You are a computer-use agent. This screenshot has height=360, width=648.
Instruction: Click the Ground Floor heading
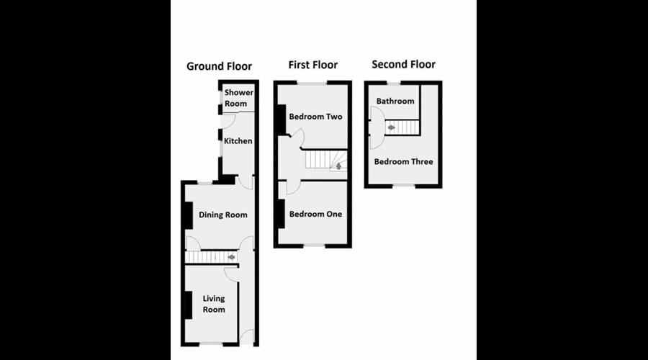[219, 66]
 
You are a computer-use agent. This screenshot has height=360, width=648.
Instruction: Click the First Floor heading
[312, 65]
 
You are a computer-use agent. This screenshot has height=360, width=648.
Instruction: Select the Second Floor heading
[403, 65]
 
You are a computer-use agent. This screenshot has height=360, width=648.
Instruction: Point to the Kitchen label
[238, 141]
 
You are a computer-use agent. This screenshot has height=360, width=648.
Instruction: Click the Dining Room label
[222, 215]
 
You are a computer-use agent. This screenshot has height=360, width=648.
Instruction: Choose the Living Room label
[213, 304]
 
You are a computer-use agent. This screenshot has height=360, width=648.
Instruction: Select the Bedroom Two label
[315, 117]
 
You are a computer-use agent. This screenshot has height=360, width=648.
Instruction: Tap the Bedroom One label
[315, 214]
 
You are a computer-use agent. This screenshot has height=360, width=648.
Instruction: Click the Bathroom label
[395, 102]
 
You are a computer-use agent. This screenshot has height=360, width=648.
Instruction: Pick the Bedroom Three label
[403, 161]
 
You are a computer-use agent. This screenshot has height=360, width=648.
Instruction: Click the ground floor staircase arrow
[232, 256]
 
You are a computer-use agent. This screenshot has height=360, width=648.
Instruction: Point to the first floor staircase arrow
[337, 167]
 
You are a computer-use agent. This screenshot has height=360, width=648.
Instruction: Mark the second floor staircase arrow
[391, 127]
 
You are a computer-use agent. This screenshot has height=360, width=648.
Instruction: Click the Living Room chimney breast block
[189, 305]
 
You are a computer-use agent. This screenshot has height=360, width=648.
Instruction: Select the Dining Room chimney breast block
[189, 214]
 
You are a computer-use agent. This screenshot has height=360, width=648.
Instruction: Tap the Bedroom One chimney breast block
[281, 213]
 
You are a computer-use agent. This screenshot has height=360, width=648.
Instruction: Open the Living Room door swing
[230, 272]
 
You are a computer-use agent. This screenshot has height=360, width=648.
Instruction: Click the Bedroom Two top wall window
[312, 84]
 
